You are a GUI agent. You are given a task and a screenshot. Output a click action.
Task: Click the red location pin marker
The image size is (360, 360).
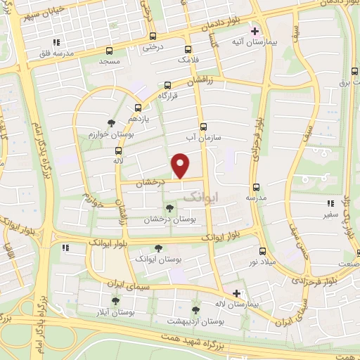click(181, 165)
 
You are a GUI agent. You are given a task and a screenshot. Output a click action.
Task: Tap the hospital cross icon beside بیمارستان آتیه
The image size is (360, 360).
click(255, 32)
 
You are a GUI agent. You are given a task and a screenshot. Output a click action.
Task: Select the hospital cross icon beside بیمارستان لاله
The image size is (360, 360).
click(237, 293)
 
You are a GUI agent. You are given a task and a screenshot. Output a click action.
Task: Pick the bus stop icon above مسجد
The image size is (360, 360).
click(109, 51)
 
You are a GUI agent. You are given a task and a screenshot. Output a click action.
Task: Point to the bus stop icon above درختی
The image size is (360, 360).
click(153, 36)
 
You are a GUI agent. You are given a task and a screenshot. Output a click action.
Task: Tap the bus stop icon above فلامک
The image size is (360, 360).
click(187, 50)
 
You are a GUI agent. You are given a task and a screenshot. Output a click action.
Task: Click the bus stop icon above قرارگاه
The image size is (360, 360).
click(167, 85)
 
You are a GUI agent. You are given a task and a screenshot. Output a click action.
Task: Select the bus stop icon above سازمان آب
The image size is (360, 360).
click(203, 127)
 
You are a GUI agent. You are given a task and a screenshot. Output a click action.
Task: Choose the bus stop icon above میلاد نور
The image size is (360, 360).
click(262, 251)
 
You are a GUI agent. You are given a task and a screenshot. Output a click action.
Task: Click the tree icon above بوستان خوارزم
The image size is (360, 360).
click(111, 122)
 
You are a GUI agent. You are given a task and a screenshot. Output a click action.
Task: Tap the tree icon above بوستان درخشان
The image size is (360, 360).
click(169, 208)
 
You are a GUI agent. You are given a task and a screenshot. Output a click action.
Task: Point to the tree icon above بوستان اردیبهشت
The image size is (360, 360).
click(195, 309)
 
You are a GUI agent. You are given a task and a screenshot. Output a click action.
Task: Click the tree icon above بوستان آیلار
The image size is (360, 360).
click(115, 300)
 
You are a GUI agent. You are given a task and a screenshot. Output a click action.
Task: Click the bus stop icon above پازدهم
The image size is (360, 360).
click(138, 108)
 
